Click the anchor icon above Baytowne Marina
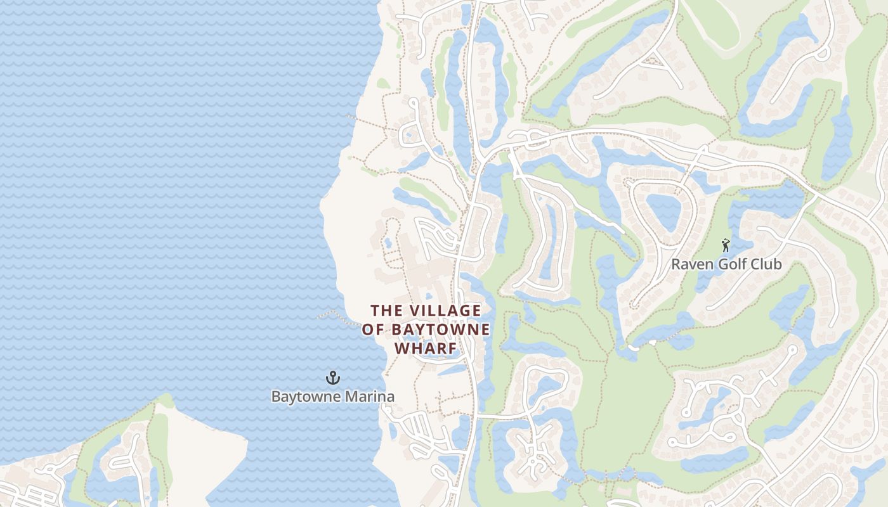[x=333, y=378]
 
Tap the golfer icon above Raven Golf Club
[x=726, y=245]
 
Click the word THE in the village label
[x=386, y=311]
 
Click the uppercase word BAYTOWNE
[x=441, y=330]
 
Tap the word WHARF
[x=426, y=349]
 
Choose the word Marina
[x=370, y=397]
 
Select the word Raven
[x=689, y=264]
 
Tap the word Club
[x=766, y=264]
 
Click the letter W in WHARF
[x=402, y=349]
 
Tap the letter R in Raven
[x=676, y=264]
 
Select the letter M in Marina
[x=352, y=397]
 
